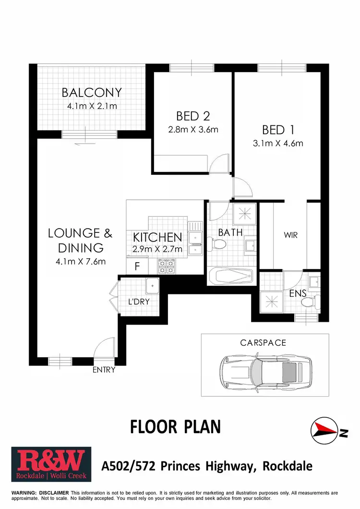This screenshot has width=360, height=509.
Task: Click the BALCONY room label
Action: pos(91,92)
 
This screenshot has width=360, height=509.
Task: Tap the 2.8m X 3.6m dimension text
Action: pos(193,129)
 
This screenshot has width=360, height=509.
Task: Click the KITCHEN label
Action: pos(157,237)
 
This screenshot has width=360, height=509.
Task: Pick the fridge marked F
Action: pos(137,266)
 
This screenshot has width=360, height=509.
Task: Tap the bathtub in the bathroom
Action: pos(231,277)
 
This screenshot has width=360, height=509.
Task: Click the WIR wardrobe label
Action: pos(291,235)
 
